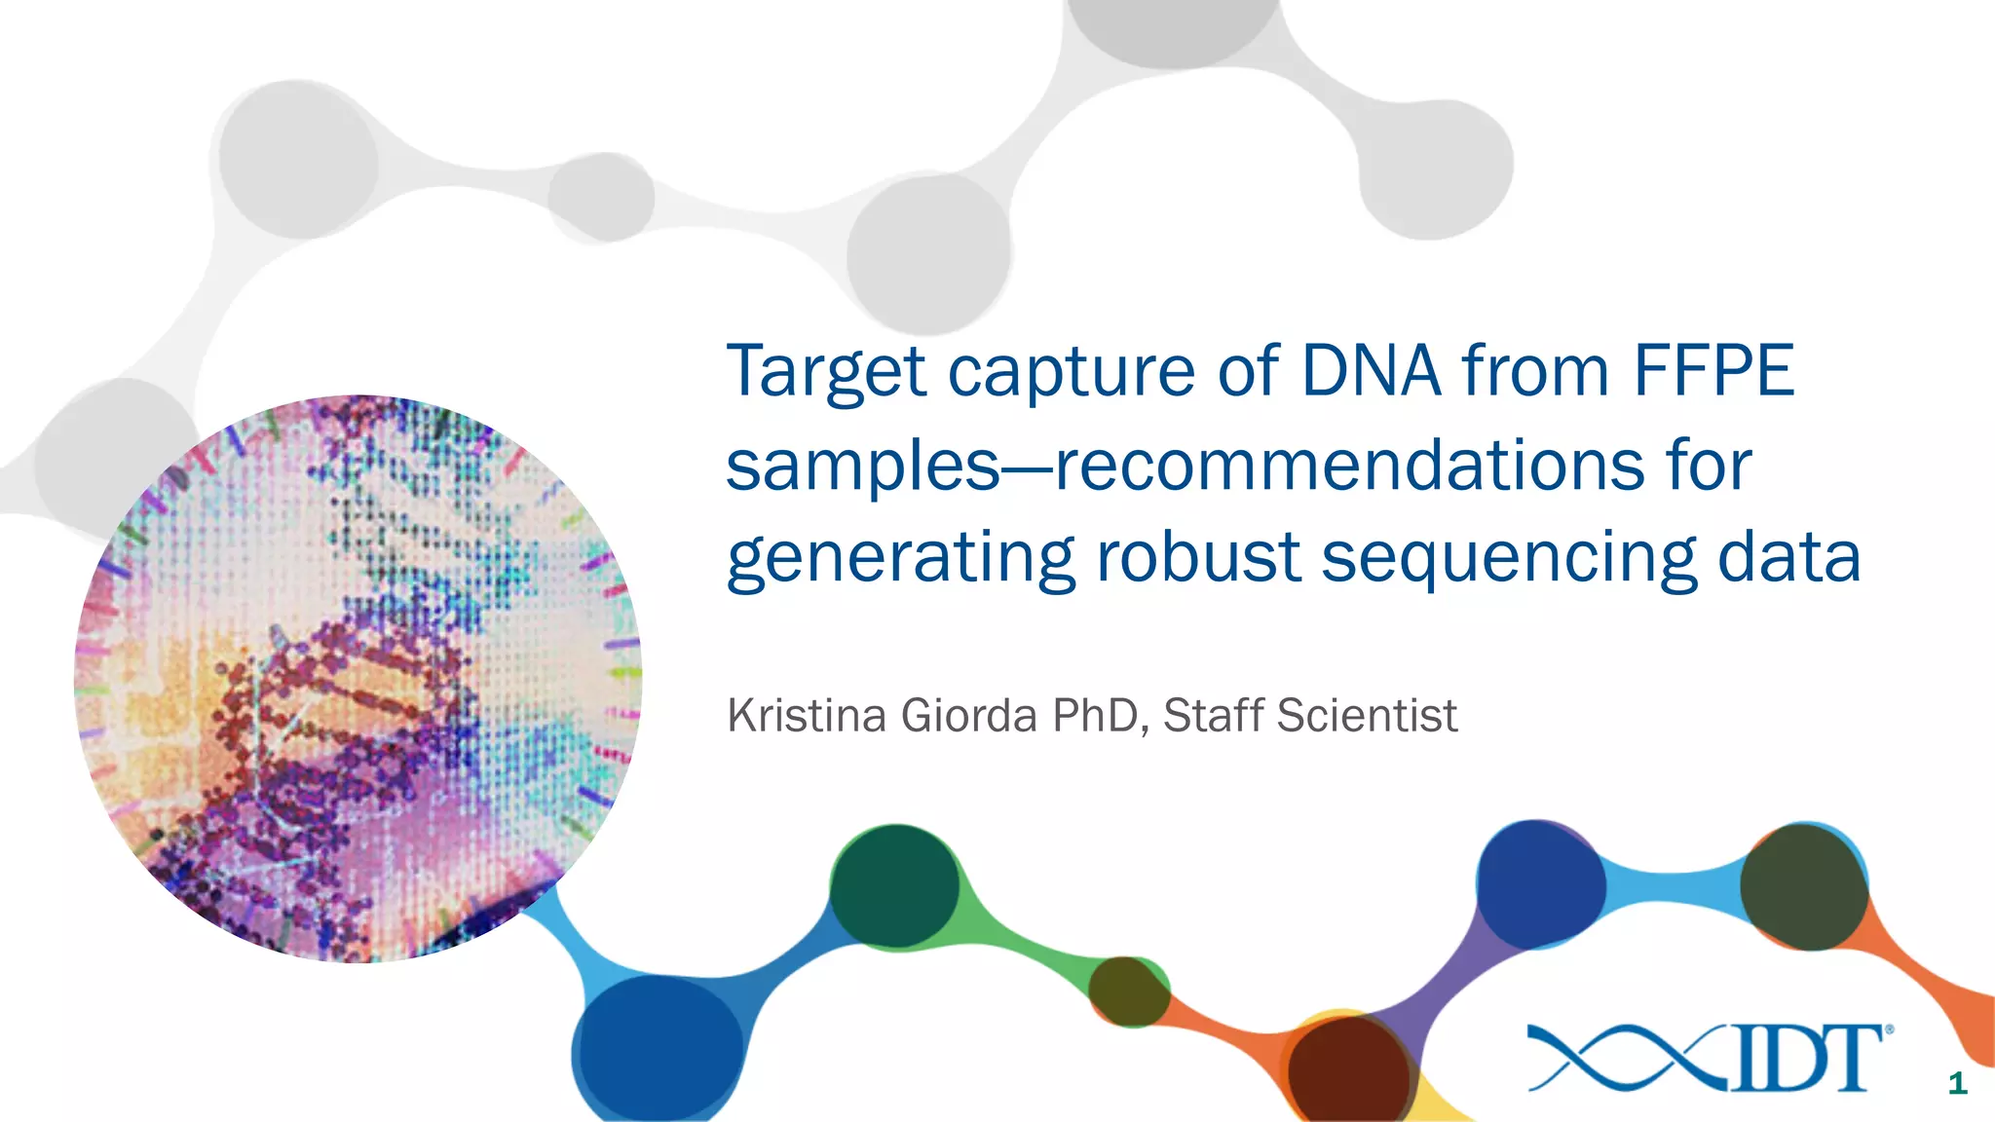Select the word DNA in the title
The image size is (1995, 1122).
1371,371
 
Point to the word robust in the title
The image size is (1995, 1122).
1198,558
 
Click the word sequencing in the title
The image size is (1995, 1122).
1508,560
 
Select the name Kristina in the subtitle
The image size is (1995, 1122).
807,716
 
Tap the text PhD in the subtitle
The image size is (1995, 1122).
1094,716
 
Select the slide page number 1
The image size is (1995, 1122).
1957,1083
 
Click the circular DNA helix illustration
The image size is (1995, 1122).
358,679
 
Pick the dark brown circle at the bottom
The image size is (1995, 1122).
1348,1069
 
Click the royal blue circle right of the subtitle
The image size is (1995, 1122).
1540,883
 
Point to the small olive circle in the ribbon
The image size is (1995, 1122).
1128,991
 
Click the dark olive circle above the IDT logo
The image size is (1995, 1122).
1803,886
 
